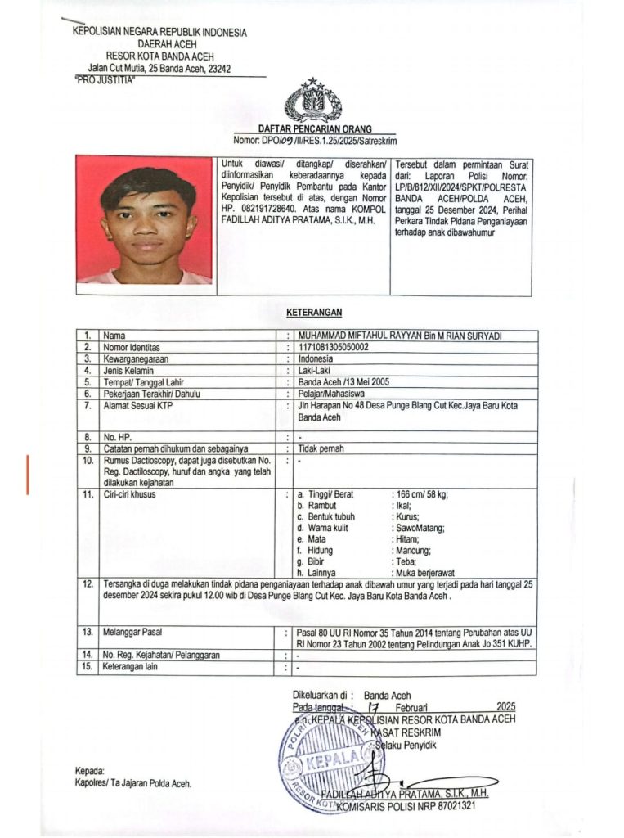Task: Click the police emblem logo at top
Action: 313,101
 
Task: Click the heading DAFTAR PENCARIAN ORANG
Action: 315,129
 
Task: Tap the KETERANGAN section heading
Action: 314,312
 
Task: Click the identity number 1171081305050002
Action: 333,347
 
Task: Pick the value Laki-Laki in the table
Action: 315,370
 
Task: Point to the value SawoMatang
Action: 419,528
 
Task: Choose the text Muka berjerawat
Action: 426,573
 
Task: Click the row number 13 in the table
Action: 86,633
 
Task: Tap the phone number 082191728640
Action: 260,209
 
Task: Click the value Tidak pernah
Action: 321,448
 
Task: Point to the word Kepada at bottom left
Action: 89,771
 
